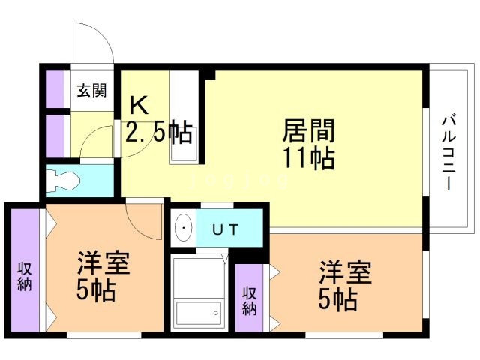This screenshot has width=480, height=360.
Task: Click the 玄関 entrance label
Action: point(91,91)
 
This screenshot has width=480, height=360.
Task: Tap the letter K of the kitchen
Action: point(139,105)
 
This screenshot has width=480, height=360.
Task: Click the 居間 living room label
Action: point(308,130)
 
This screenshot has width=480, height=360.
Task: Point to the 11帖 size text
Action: point(308,158)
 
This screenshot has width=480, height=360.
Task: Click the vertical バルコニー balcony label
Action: point(448,153)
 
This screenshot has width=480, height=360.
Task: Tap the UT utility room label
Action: point(225,229)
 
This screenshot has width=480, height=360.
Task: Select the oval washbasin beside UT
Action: point(183,227)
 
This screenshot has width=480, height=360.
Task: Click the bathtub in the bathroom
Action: point(199,313)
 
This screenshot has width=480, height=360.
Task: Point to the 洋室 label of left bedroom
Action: point(103,262)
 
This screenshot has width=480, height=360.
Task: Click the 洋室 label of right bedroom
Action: point(346,272)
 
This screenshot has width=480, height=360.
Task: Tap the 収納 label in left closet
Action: point(25,277)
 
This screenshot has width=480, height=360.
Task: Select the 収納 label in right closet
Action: point(250,301)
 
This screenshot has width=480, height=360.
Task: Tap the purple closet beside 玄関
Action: point(55,89)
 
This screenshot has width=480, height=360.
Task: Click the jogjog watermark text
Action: point(239,181)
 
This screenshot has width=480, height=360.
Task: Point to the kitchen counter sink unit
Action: point(184,117)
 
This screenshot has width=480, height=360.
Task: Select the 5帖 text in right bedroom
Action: point(338,300)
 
